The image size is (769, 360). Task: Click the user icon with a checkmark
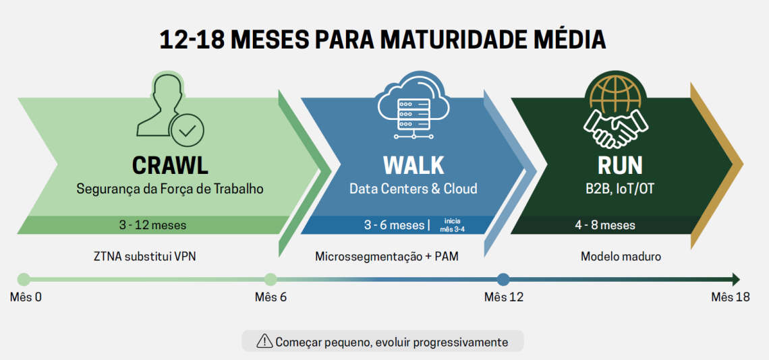(170, 110)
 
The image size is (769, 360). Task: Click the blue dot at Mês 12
(503, 280)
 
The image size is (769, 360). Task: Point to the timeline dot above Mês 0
(24, 280)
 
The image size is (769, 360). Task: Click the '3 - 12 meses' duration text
(152, 226)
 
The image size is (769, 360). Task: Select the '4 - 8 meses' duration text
(605, 226)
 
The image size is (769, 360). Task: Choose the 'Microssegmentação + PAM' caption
(387, 256)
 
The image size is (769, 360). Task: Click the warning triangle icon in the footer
(265, 340)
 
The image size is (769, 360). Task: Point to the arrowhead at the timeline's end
(736, 280)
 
